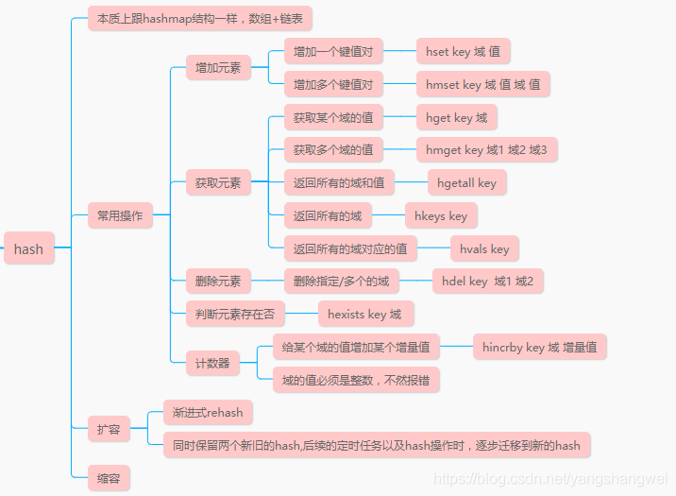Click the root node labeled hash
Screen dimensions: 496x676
[28, 249]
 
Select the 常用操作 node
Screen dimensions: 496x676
[120, 215]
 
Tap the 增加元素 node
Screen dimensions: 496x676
[218, 67]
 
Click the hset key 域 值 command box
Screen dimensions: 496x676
[463, 52]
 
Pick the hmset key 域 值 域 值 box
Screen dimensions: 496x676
[482, 84]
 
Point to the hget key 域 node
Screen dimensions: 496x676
[456, 118]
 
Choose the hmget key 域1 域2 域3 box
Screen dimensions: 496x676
[485, 149]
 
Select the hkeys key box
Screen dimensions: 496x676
[441, 215]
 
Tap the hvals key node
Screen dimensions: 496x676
[484, 248]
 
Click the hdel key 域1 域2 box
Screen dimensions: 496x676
[487, 281]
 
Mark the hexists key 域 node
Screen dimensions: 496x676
[364, 314]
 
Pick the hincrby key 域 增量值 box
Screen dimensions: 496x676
[538, 347]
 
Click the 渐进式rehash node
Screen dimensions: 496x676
[208, 412]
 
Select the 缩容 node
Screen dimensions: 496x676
[108, 477]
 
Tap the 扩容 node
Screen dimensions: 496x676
[108, 428]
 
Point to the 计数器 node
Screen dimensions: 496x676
[212, 362]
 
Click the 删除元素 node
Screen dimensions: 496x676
[218, 281]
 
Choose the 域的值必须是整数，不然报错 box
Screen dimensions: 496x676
[355, 380]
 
